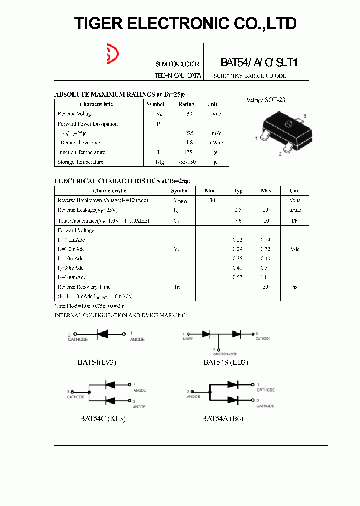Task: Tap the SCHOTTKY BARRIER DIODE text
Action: (x=250, y=76)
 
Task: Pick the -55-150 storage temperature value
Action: (x=186, y=162)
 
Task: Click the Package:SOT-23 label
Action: (x=265, y=100)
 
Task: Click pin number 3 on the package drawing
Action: (x=304, y=116)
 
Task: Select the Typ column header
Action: (x=238, y=191)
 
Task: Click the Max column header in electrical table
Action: (x=266, y=191)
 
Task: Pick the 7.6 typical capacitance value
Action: (x=238, y=221)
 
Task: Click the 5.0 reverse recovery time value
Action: (x=266, y=287)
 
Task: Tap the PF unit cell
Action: (x=295, y=221)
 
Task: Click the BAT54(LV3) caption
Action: (x=97, y=362)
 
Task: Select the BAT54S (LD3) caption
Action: (x=226, y=362)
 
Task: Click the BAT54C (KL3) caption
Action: (x=102, y=418)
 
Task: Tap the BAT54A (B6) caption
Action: (x=222, y=418)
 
